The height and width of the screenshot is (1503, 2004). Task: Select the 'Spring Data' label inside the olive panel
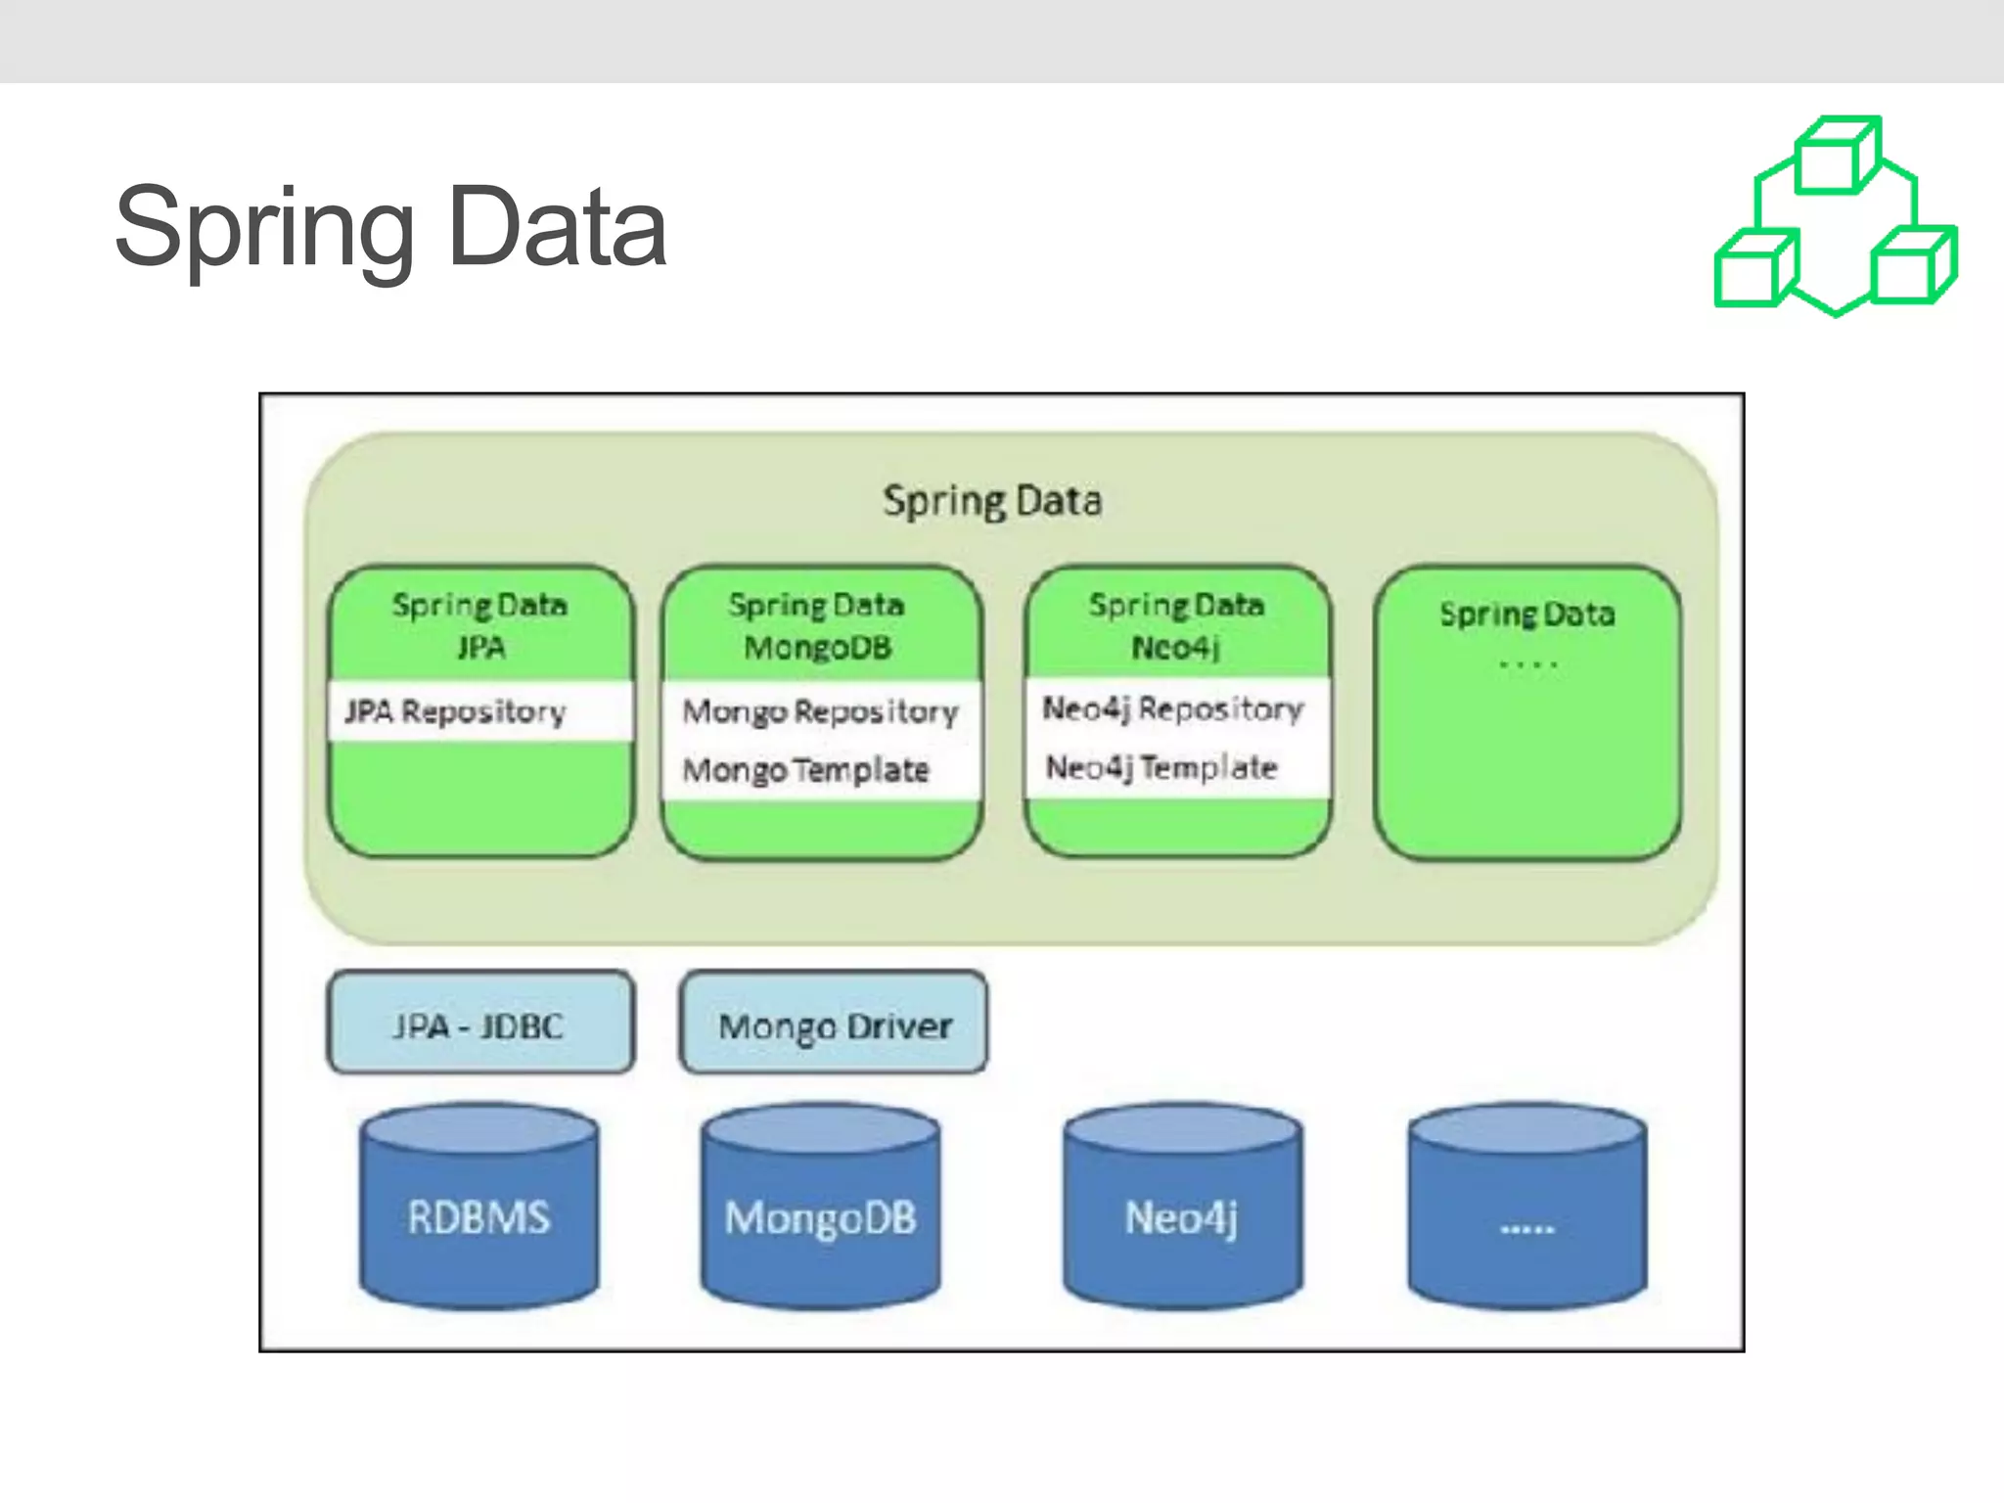992,501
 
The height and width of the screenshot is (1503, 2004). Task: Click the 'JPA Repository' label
456,711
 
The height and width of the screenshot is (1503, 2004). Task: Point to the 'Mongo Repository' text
820,711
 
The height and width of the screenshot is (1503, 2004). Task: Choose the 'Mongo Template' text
805,770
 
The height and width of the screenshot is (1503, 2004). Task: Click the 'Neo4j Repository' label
1172,708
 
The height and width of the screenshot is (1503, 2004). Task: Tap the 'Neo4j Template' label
1161,767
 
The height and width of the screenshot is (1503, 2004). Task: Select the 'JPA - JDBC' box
479,1024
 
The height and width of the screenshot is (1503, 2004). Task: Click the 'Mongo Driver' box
834,1024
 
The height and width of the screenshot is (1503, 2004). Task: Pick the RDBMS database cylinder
479,1208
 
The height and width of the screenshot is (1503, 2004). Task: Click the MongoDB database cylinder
821,1208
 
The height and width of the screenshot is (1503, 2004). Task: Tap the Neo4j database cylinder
1182,1208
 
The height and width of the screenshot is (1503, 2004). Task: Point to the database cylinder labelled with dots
1527,1208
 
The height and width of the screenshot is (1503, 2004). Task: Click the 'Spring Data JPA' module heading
479,625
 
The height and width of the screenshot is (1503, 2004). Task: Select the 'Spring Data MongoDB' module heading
817,625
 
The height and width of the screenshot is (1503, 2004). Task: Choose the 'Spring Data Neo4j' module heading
1176,625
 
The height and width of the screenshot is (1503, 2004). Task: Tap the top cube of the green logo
1836,157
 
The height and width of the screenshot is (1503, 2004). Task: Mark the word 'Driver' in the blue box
899,1025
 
